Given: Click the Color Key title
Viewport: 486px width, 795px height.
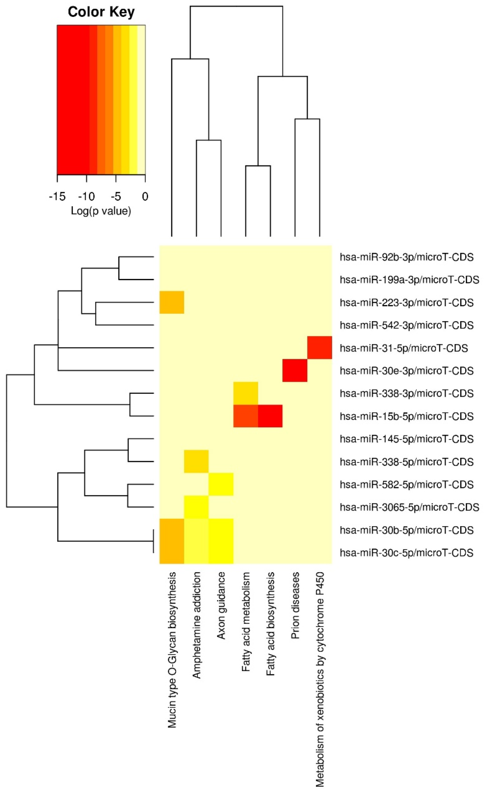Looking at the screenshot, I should pyautogui.click(x=101, y=12).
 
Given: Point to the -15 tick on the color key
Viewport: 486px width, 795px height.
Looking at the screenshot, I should pyautogui.click(x=57, y=196).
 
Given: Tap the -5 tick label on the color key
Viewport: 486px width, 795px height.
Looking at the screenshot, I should pyautogui.click(x=116, y=196).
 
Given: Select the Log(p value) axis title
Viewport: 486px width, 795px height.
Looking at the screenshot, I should pyautogui.click(x=101, y=211).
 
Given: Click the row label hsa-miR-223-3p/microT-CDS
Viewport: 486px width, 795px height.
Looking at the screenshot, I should pyautogui.click(x=406, y=303).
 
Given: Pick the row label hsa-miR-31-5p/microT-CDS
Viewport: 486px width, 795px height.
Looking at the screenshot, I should pyautogui.click(x=403, y=348).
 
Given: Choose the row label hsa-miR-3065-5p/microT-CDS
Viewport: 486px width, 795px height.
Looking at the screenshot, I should pyautogui.click(x=409, y=507).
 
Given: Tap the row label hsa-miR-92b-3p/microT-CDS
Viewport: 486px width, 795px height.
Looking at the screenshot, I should pyautogui.click(x=406, y=257).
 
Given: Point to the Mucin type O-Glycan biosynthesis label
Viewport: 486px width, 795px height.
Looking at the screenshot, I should pyautogui.click(x=172, y=648).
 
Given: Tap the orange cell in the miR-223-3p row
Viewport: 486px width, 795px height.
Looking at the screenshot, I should pyautogui.click(x=172, y=302).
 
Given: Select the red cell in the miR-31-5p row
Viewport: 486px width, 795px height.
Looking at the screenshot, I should pyautogui.click(x=320, y=347).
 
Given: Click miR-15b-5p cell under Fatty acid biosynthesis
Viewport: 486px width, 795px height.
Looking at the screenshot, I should pyautogui.click(x=270, y=416).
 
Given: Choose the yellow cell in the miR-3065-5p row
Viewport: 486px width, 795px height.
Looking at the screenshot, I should pyautogui.click(x=196, y=507).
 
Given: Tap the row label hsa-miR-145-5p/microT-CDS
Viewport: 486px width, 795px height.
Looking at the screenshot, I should pyautogui.click(x=406, y=439).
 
